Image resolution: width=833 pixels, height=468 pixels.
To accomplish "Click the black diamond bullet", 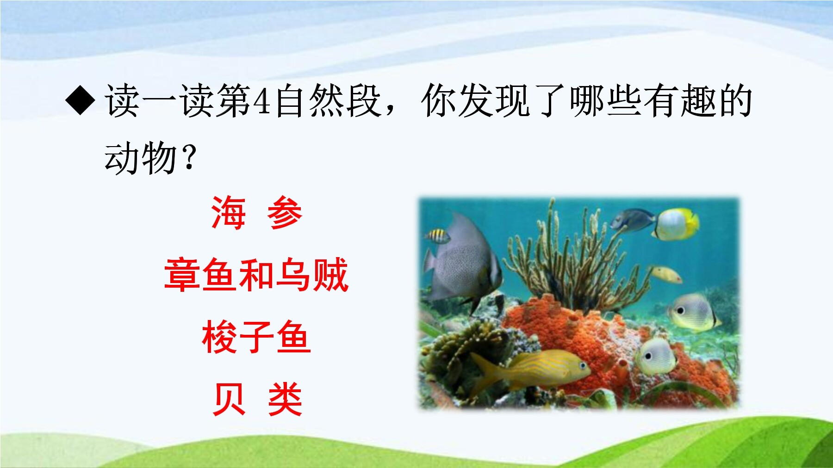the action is (81, 100).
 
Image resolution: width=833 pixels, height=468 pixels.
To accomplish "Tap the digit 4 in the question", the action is (262, 101).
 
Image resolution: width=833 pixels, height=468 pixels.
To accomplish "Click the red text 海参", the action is (257, 213).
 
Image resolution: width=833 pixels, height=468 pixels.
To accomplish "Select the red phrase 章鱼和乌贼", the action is (256, 275).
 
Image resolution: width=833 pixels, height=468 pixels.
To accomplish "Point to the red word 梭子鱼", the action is (256, 337).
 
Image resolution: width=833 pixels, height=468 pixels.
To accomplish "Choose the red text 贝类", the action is (257, 399).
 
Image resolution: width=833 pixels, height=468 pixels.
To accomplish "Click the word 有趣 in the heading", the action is (679, 101).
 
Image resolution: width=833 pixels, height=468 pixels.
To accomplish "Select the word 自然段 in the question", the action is (329, 101).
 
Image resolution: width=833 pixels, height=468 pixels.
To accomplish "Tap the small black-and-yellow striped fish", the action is (438, 236).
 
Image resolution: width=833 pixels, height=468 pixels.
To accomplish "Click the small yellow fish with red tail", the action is (666, 274).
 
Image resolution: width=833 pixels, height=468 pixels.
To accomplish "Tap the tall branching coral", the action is (574, 252).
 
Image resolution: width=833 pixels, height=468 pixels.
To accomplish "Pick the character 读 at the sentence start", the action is (123, 101).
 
